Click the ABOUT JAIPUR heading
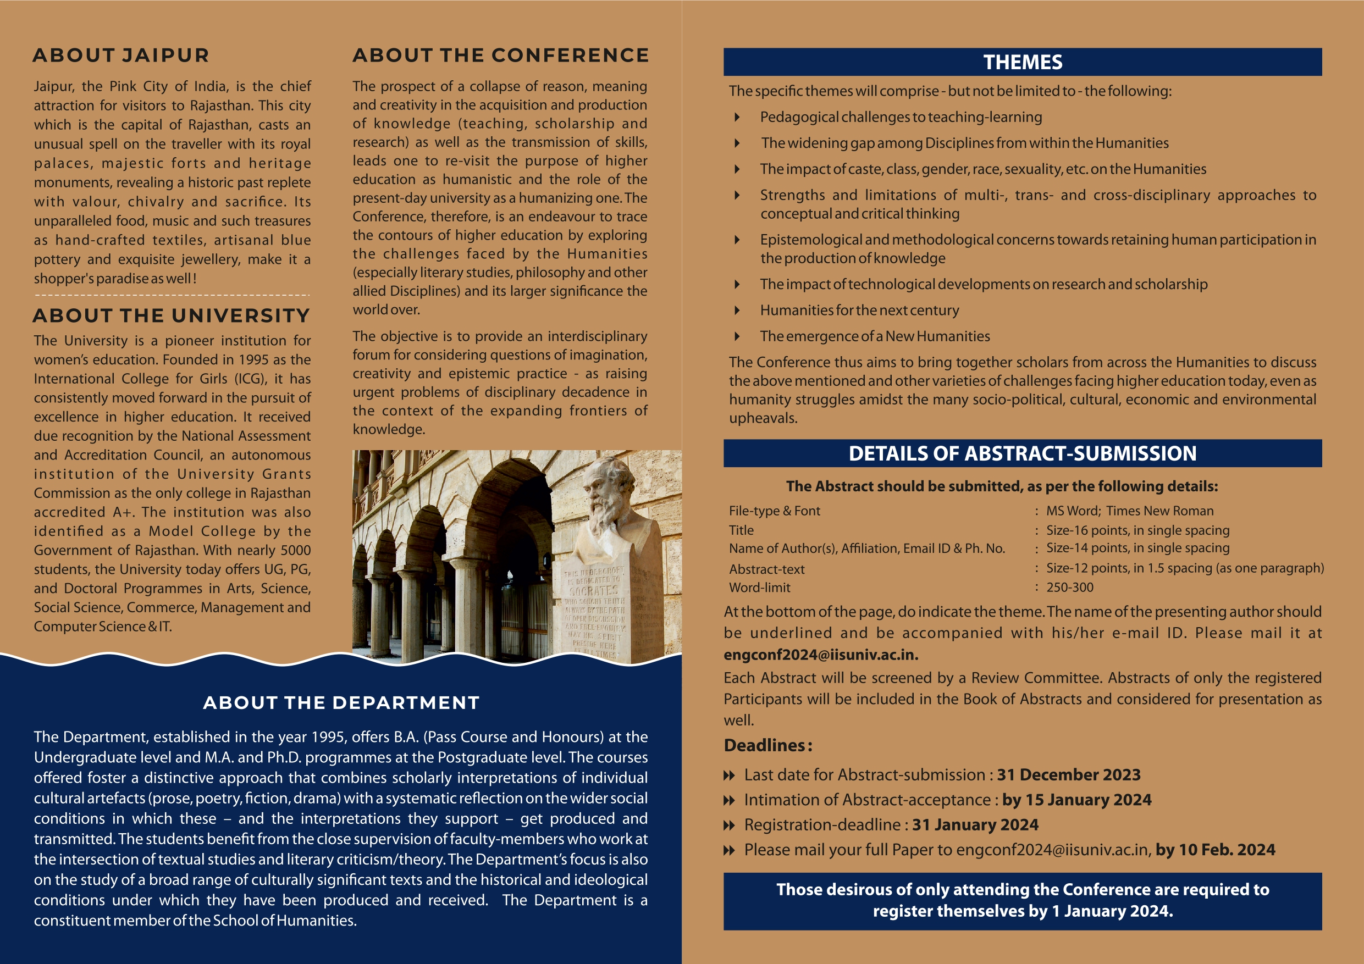pyautogui.click(x=120, y=56)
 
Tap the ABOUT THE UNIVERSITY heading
pyautogui.click(x=171, y=315)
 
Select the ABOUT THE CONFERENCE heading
pyautogui.click(x=500, y=56)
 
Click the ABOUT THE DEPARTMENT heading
pyautogui.click(x=341, y=702)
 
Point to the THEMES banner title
pyautogui.click(x=1023, y=62)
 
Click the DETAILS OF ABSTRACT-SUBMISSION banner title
pyautogui.click(x=1023, y=453)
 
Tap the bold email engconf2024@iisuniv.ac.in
pyautogui.click(x=821, y=655)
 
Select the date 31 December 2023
pyautogui.click(x=1069, y=774)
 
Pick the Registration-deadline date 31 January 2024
pyautogui.click(x=975, y=824)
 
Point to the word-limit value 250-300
pyautogui.click(x=1069, y=588)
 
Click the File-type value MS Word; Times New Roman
pyautogui.click(x=1129, y=511)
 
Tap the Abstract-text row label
pyautogui.click(x=766, y=569)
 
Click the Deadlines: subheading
pyautogui.click(x=767, y=745)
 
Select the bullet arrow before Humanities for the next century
pyautogui.click(x=737, y=310)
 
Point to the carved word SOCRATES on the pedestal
pyautogui.click(x=594, y=590)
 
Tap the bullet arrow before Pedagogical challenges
pyautogui.click(x=737, y=117)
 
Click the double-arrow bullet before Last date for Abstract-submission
pyautogui.click(x=729, y=775)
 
